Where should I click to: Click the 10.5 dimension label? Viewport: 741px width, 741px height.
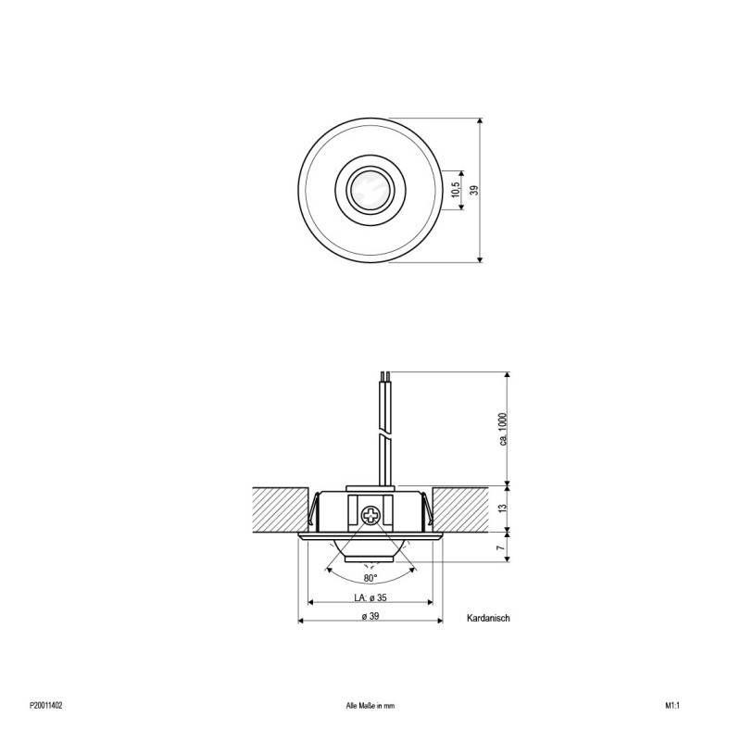click(454, 190)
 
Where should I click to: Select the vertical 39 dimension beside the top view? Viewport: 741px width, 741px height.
click(473, 190)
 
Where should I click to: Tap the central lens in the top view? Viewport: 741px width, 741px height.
click(370, 190)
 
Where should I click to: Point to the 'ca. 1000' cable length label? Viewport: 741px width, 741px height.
click(504, 428)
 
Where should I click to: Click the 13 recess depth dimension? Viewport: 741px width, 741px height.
click(500, 509)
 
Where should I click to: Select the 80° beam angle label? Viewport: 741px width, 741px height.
click(370, 578)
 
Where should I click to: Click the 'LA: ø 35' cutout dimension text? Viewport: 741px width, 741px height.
click(370, 597)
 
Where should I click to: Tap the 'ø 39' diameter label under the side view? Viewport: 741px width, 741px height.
click(370, 617)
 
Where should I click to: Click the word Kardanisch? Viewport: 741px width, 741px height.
click(490, 617)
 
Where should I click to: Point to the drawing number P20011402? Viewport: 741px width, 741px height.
click(46, 705)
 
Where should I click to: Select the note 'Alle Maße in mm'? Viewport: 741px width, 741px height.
click(370, 705)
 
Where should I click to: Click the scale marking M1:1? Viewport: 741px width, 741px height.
click(672, 705)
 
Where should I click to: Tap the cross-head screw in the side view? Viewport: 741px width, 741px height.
click(370, 515)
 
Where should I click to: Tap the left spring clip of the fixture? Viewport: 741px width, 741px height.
click(315, 509)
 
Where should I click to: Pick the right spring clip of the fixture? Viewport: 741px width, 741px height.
click(426, 509)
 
